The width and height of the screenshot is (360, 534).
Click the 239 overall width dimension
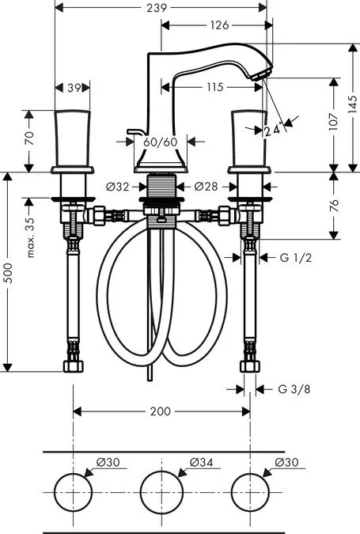click(162, 9)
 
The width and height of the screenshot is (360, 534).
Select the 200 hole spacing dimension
click(161, 411)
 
